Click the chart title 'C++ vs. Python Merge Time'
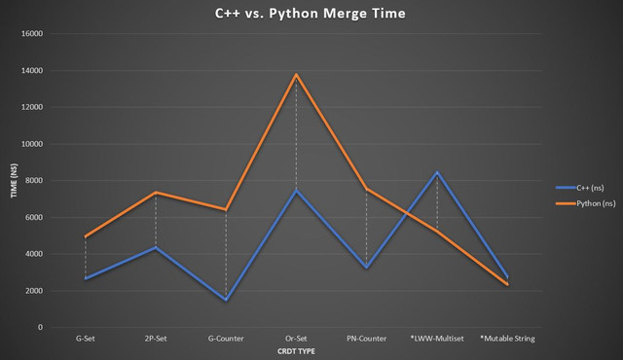click(x=310, y=14)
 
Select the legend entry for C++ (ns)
click(x=585, y=188)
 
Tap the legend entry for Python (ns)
click(x=586, y=203)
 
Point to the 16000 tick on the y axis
click(x=32, y=34)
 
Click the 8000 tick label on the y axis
click(x=34, y=181)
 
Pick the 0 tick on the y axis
click(x=40, y=328)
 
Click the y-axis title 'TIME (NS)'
click(x=15, y=181)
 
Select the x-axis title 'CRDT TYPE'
click(x=296, y=351)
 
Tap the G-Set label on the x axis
click(x=86, y=339)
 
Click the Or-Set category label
click(x=296, y=339)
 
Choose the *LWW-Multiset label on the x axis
click(x=437, y=339)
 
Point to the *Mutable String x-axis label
click(x=507, y=339)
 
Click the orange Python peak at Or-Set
click(x=296, y=74)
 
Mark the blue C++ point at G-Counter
click(x=226, y=300)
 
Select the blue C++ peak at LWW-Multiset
click(x=437, y=172)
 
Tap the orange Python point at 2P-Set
click(x=156, y=193)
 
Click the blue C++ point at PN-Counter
click(x=366, y=268)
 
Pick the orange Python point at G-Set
click(x=86, y=236)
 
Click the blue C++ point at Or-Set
click(x=296, y=190)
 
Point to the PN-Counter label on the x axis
click(x=366, y=339)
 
